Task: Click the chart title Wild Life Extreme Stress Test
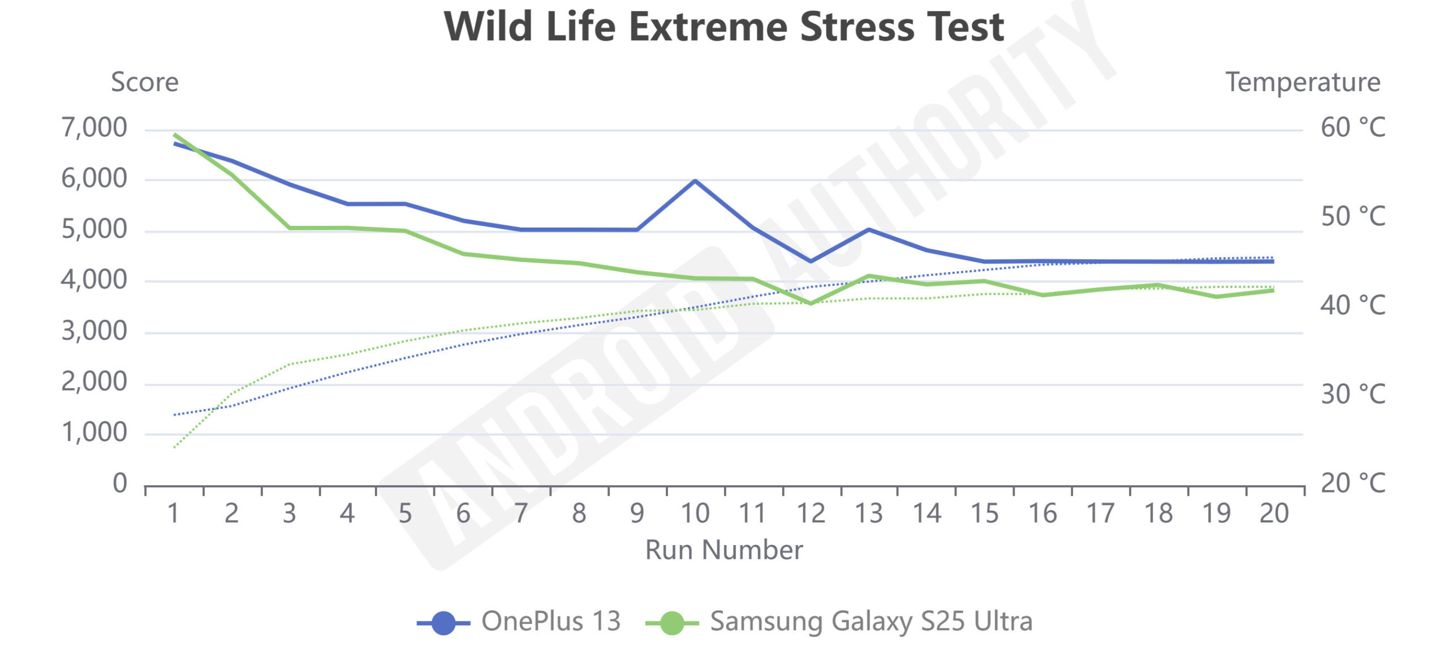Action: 723,27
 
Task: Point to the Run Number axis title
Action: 723,550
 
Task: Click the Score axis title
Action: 145,82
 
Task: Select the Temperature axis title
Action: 1303,82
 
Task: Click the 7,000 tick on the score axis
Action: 94,128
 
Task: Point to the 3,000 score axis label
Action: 94,331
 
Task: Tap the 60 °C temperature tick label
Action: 1352,128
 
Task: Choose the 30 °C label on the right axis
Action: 1352,395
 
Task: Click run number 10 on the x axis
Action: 695,513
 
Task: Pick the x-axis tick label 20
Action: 1274,513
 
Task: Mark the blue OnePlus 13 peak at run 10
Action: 695,181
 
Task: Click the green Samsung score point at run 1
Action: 175,135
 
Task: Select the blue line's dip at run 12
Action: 811,261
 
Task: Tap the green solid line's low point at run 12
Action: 811,303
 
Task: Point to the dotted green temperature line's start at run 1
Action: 175,447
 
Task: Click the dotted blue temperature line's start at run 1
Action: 175,415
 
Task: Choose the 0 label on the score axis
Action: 119,483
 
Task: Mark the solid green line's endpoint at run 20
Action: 1273,290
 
